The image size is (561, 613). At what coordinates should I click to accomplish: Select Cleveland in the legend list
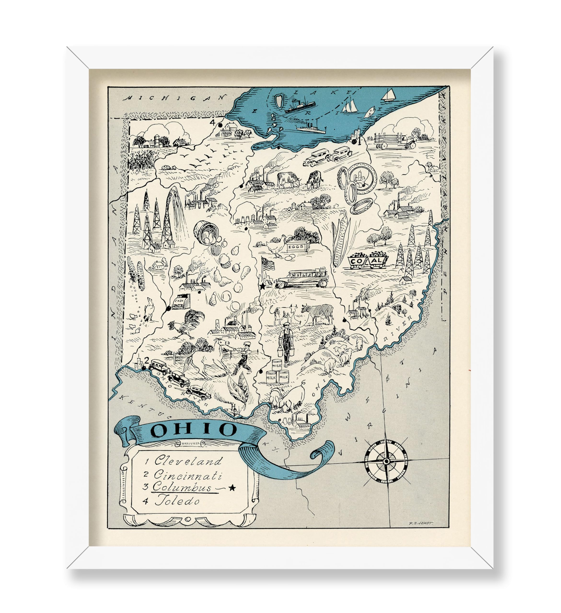click(x=188, y=461)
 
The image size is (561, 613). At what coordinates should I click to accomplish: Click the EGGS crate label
click(x=296, y=247)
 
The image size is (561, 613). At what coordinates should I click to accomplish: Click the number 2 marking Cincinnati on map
click(x=147, y=360)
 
